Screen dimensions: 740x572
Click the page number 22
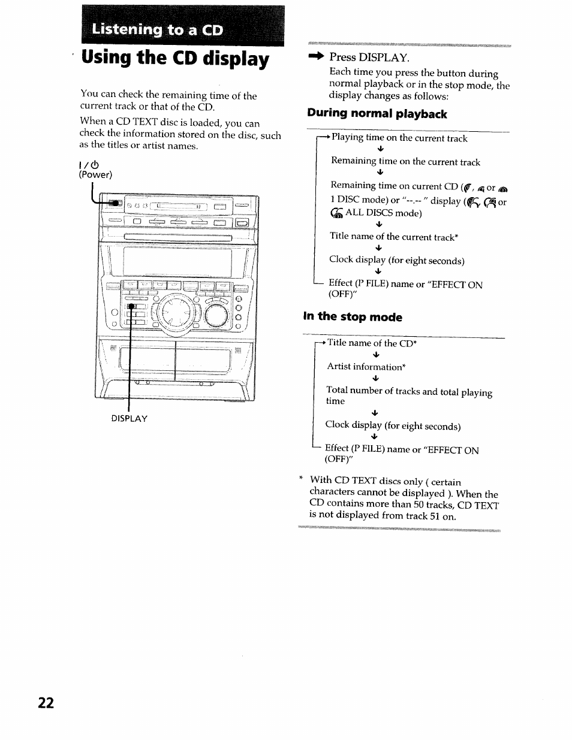(46, 703)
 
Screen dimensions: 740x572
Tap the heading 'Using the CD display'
(175, 59)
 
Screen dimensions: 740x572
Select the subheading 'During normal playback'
(377, 114)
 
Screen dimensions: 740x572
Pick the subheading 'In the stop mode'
(353, 317)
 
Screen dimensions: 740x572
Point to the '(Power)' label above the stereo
(95, 175)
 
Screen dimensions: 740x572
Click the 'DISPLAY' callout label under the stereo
(129, 418)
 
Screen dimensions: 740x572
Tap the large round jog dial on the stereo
(176, 312)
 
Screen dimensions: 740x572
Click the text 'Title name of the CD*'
(372, 343)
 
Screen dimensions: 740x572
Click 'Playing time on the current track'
(399, 138)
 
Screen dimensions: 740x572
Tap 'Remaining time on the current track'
(405, 162)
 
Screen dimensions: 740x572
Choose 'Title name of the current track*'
(394, 237)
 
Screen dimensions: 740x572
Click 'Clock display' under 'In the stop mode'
(393, 426)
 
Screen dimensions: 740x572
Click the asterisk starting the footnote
(301, 479)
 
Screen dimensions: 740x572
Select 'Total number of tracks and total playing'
(409, 392)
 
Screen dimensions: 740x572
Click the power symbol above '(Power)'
(94, 164)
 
